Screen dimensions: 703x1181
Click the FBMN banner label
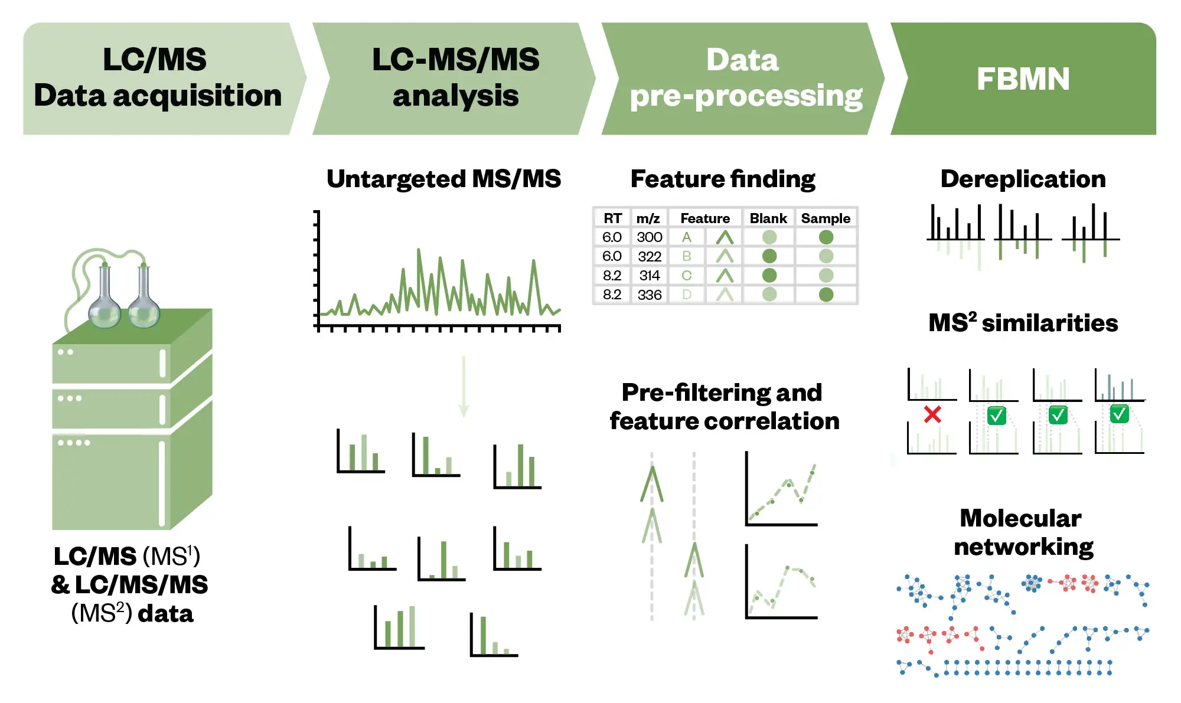1023,79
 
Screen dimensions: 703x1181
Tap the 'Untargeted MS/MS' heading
443,179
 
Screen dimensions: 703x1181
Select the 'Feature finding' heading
723,179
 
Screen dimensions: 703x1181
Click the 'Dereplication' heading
1023,179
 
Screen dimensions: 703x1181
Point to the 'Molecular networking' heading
1023,532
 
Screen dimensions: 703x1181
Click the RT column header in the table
612,218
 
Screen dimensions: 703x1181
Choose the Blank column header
768,218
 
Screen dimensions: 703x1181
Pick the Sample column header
826,218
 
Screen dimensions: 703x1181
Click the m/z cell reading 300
650,237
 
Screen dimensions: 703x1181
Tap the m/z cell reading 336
650,295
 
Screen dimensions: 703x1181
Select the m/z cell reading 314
650,276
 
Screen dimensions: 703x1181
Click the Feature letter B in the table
687,256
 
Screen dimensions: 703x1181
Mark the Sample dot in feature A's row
826,237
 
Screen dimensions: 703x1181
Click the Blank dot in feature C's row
769,276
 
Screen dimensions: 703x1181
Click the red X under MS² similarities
932,414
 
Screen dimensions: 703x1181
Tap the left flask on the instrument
105,301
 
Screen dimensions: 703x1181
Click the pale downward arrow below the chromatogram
464,387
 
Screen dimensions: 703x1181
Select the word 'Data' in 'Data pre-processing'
742,60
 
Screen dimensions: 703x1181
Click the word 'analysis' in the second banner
455,96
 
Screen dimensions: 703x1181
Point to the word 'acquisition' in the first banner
197,96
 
